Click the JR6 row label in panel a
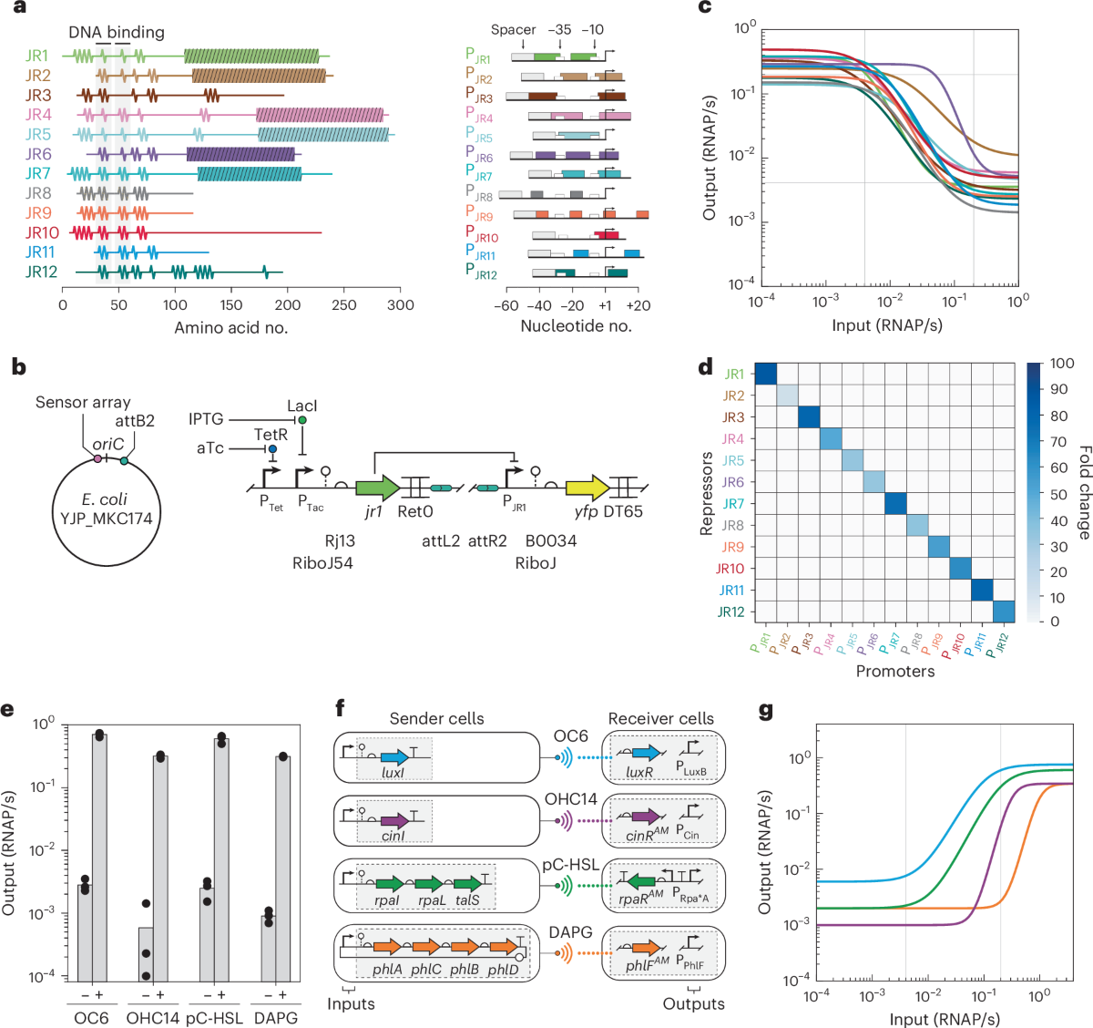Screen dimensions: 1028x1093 coord(38,154)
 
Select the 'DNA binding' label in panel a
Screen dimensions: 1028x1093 coord(117,32)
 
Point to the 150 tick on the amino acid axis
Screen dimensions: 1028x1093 coord(231,305)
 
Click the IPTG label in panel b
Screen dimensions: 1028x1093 coord(206,418)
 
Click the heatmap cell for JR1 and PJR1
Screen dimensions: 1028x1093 coord(764,374)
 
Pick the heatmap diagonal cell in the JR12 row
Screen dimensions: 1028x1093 coord(1004,612)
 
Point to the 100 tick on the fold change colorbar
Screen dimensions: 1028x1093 coord(1061,364)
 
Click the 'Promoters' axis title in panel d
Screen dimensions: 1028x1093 coord(894,672)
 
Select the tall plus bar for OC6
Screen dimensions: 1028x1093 coord(98,855)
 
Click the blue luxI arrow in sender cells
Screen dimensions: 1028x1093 coord(394,758)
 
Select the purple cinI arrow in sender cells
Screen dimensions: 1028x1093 coord(394,821)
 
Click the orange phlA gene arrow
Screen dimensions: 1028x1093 coord(387,948)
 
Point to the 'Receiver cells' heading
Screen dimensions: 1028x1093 coord(660,719)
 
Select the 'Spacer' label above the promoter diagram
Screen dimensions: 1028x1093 coord(513,30)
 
